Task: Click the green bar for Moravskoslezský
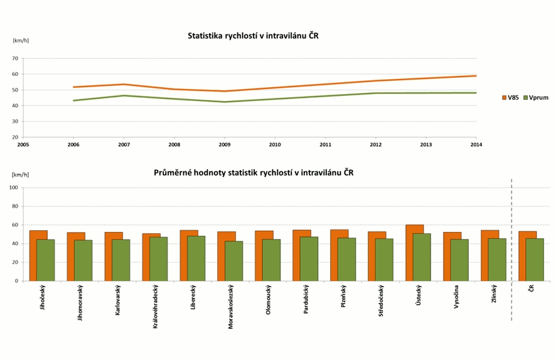coord(234,261)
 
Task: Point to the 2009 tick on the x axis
coord(225,144)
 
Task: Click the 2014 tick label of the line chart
coord(476,144)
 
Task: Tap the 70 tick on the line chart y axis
coord(15,58)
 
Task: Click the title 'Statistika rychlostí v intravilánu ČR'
coord(253,36)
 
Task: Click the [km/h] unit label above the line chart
coord(21,40)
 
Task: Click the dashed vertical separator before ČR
coord(512,251)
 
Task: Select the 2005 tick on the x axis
coord(23,144)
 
